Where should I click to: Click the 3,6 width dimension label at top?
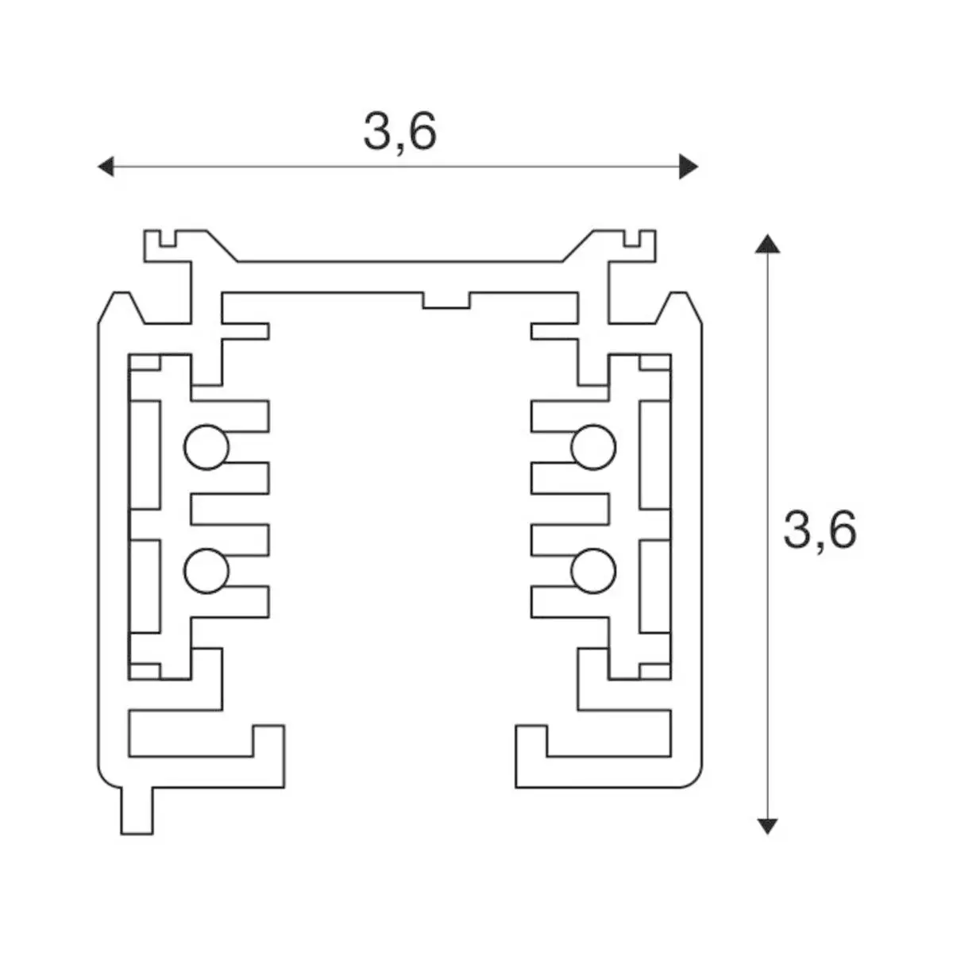[x=400, y=132]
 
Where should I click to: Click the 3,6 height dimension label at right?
[x=820, y=530]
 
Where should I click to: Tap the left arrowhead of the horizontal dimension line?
[x=106, y=167]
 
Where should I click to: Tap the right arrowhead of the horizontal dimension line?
[x=689, y=167]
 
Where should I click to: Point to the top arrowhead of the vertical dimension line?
[x=767, y=245]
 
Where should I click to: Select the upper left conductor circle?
[x=206, y=447]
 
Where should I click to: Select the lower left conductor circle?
[x=206, y=571]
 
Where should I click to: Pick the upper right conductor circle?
[x=593, y=447]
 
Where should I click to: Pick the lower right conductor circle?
[x=593, y=571]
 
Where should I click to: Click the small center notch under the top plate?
[x=446, y=301]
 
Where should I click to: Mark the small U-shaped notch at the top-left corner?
[x=168, y=238]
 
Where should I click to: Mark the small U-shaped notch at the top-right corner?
[x=632, y=238]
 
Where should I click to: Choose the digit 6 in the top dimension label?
[x=422, y=132]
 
